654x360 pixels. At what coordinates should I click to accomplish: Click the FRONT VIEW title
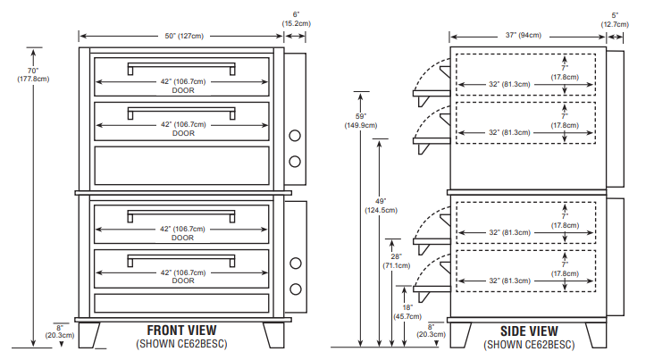(181, 331)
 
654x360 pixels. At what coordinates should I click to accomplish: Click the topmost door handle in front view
(182, 68)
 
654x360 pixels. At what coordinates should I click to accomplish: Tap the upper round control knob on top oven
(296, 137)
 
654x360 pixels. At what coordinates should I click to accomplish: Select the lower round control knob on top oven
(296, 161)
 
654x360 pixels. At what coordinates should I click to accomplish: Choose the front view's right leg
(274, 334)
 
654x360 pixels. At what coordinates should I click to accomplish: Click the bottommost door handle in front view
(182, 262)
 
